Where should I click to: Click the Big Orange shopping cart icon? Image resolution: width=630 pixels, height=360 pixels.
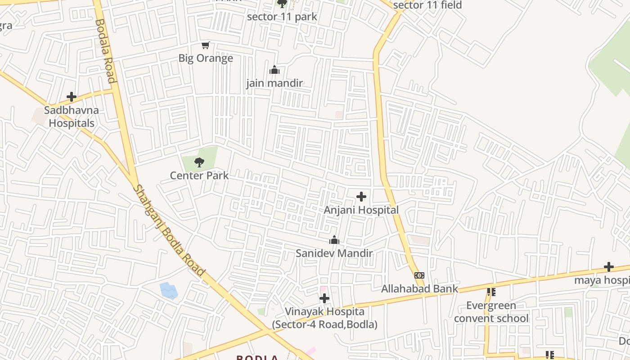click(x=206, y=45)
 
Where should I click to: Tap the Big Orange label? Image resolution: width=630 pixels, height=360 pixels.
click(x=206, y=58)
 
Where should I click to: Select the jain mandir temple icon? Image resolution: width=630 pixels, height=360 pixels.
click(x=274, y=70)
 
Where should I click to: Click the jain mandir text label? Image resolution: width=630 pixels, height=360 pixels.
click(x=274, y=83)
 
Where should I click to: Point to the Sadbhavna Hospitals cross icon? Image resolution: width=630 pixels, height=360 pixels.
click(x=71, y=97)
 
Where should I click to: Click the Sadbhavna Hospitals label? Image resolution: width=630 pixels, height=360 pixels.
click(x=72, y=117)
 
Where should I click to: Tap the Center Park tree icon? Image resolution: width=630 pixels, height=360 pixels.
click(x=199, y=162)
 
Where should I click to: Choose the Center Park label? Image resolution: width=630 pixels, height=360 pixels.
click(x=199, y=175)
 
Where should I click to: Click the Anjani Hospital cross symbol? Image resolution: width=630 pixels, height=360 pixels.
click(x=361, y=197)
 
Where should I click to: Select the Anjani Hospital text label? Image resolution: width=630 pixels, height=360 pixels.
click(x=361, y=210)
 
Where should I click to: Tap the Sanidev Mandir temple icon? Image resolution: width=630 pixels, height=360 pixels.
click(x=334, y=240)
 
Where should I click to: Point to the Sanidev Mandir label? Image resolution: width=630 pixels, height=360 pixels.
click(x=334, y=253)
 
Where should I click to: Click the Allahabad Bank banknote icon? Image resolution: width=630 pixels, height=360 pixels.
click(x=419, y=275)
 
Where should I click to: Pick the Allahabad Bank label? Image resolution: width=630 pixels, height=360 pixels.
click(x=419, y=288)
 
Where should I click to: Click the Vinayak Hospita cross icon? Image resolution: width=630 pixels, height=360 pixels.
click(x=324, y=298)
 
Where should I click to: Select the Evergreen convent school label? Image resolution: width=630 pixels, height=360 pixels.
click(x=491, y=312)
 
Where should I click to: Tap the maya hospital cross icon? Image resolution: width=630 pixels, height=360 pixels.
click(x=609, y=267)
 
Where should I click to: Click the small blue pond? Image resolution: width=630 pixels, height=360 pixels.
click(x=169, y=291)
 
